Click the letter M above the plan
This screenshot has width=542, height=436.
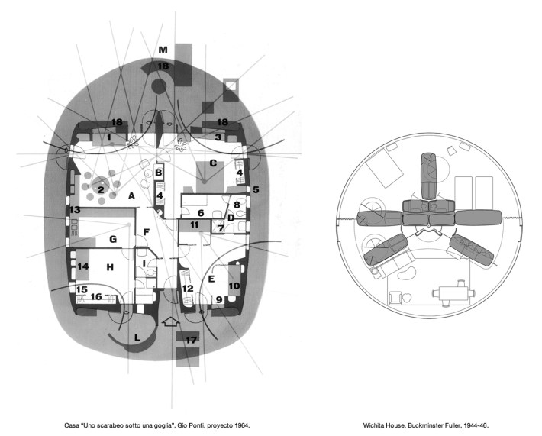point(163,50)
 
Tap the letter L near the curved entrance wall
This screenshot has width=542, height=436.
point(137,337)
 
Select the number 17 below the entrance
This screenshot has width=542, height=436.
point(191,341)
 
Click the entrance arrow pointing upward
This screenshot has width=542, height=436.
point(171,321)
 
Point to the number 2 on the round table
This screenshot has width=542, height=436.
point(101,189)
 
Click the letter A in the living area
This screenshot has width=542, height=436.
point(131,196)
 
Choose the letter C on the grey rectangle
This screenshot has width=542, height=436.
point(213,163)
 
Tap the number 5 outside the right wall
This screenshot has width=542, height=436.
point(256,189)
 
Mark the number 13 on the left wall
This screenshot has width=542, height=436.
point(75,209)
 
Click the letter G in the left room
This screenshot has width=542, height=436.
point(113,239)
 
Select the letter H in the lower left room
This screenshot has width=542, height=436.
point(110,267)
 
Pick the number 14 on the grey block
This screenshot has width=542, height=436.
point(83,266)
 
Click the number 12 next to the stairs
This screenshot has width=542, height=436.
point(188,289)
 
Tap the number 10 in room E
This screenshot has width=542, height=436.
point(234,286)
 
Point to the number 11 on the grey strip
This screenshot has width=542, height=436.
point(194,225)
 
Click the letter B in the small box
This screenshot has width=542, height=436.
point(159,173)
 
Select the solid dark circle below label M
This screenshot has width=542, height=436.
point(159,86)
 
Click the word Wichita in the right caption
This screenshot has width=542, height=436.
point(373,425)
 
